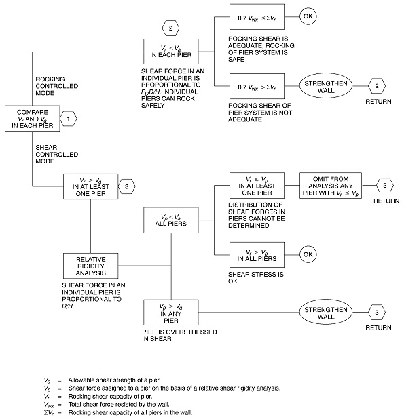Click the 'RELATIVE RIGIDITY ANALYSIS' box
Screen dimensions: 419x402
(x=90, y=266)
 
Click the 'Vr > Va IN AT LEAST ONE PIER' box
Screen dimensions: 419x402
(x=90, y=185)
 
